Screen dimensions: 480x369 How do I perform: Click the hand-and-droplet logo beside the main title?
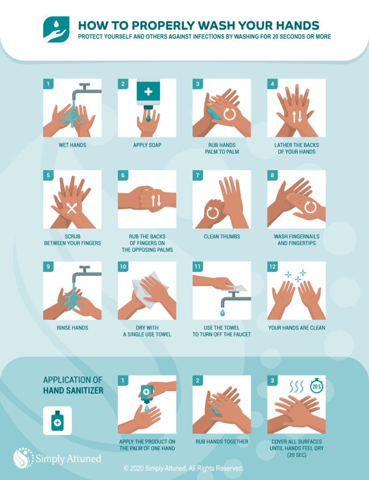coord(56,29)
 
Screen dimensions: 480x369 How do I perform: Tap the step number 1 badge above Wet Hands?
coord(47,84)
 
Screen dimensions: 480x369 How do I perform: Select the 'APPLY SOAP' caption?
coord(147,145)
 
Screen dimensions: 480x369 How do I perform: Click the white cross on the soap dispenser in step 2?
coord(148,91)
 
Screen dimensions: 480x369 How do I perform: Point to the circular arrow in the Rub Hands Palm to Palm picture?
coord(230,114)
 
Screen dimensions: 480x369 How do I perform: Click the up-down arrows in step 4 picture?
coord(297,116)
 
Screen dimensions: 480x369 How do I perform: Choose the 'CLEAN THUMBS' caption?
coord(222,237)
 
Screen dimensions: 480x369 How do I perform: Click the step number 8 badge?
coord(272,175)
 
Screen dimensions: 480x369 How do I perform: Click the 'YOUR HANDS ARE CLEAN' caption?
coord(297,328)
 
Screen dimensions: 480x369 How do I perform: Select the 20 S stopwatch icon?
coord(316,386)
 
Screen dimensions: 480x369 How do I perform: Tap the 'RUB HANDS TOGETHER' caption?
coord(222,442)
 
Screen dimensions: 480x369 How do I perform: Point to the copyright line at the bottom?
coord(184,468)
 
